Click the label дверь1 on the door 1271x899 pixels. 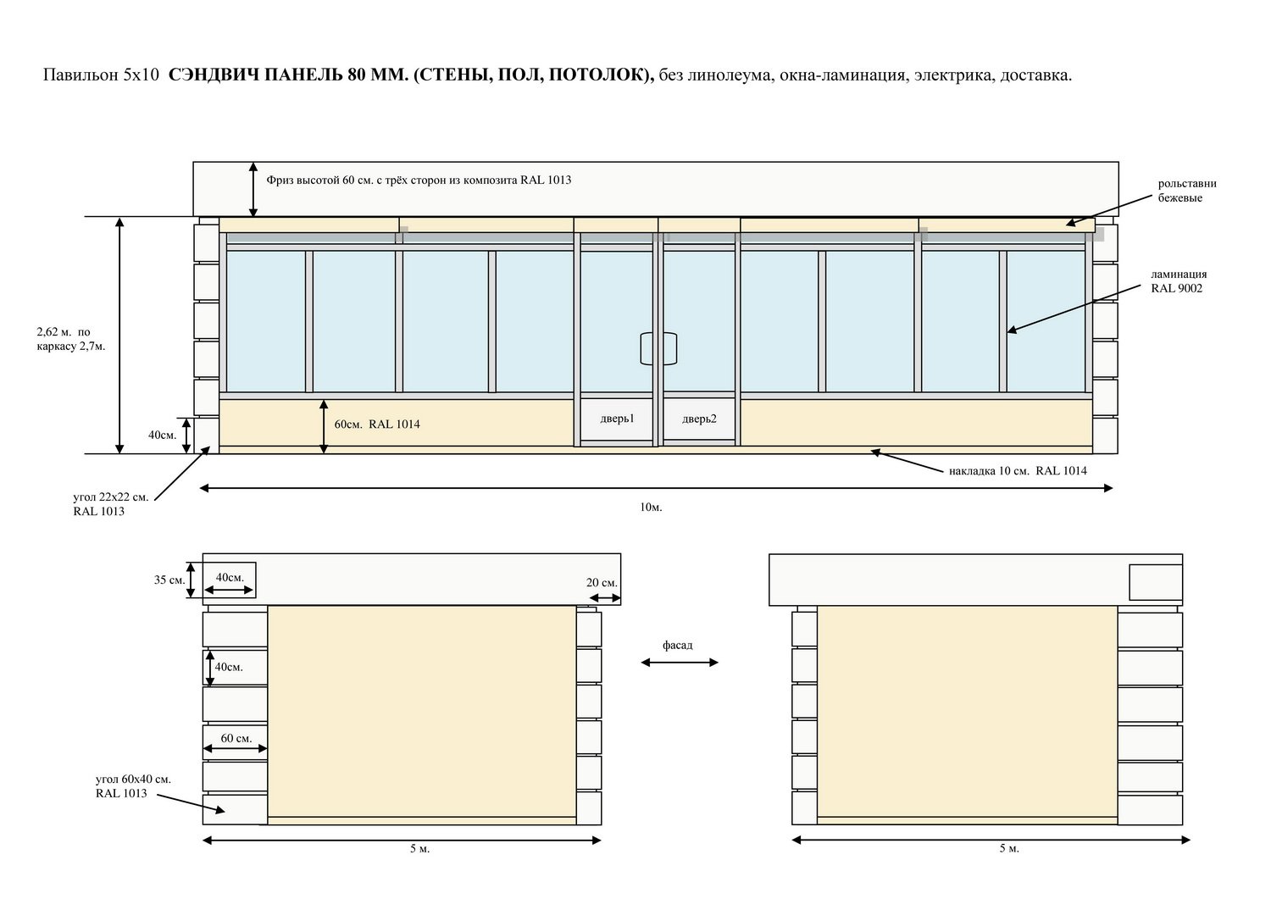coord(617,419)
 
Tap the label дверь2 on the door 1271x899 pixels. coord(699,419)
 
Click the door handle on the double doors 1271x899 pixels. coord(658,348)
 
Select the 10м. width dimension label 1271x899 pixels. coord(651,508)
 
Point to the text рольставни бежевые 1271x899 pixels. coord(1187,191)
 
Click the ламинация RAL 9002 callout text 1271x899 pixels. coord(1179,281)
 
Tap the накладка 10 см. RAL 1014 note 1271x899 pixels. coord(1018,470)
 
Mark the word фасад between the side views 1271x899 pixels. coord(678,646)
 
